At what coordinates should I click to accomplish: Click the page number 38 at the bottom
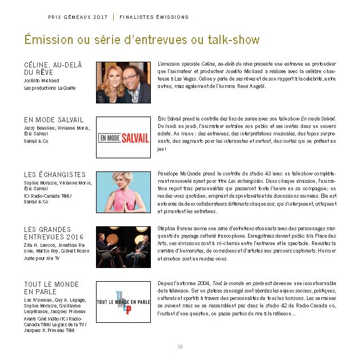(179, 346)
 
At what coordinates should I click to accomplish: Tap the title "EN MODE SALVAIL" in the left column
(54, 120)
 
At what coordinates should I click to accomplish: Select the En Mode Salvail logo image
(123, 137)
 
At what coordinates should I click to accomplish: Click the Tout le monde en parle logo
(123, 302)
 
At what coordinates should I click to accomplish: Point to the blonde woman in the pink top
(123, 192)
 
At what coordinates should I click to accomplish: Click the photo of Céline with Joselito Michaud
(123, 82)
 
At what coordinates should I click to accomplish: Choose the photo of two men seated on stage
(123, 247)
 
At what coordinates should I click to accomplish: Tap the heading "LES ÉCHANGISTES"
(55, 175)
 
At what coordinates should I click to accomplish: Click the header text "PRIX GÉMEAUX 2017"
(78, 17)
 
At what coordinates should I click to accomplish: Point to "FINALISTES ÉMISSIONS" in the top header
(154, 17)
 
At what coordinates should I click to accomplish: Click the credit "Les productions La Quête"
(50, 88)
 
